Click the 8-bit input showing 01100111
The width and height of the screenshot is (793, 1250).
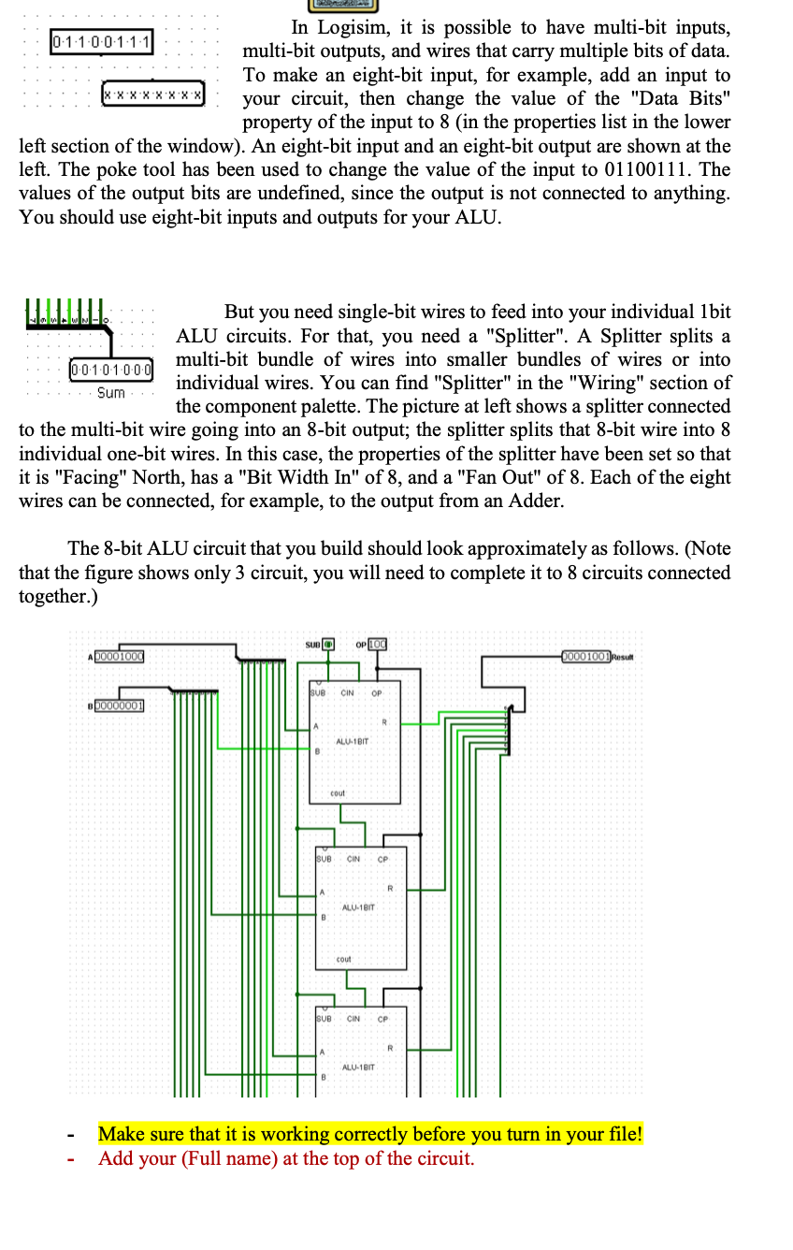104,42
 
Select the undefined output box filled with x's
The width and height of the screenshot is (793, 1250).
152,95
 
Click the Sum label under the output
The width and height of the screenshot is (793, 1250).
111,393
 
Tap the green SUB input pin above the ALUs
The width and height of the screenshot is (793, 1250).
327,645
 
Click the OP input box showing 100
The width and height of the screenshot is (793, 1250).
377,645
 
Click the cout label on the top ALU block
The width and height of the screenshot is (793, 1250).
338,793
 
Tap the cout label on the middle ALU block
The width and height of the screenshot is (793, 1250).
343,960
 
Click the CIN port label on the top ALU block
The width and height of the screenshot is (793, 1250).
346,693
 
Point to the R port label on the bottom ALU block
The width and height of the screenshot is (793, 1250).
390,1048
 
